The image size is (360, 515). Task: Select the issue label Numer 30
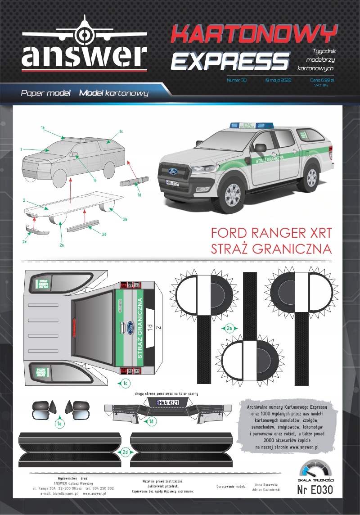[x=237, y=80]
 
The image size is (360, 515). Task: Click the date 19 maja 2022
[x=279, y=80]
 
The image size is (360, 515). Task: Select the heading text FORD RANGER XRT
[x=271, y=233]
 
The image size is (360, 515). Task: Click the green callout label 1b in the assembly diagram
[x=43, y=128]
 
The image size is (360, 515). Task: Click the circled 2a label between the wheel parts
[x=229, y=329]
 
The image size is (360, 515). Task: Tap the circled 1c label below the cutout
[x=126, y=384]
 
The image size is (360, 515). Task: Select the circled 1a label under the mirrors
[x=59, y=423]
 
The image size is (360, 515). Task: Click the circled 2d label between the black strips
[x=126, y=451]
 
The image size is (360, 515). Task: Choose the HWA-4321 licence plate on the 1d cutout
[x=167, y=402]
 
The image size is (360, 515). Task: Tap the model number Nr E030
[x=315, y=490]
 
